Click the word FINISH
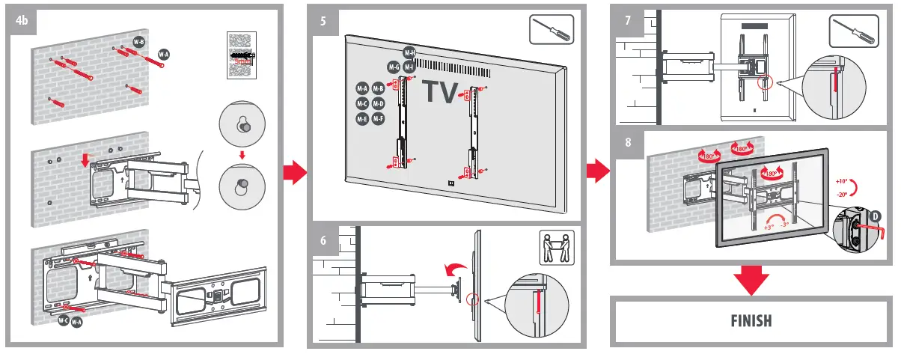[751, 321]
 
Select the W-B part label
[138, 43]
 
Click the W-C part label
[64, 320]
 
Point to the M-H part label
[409, 52]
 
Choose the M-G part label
[394, 67]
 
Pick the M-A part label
[362, 88]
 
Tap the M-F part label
[378, 119]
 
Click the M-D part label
[378, 103]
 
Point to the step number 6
[323, 241]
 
